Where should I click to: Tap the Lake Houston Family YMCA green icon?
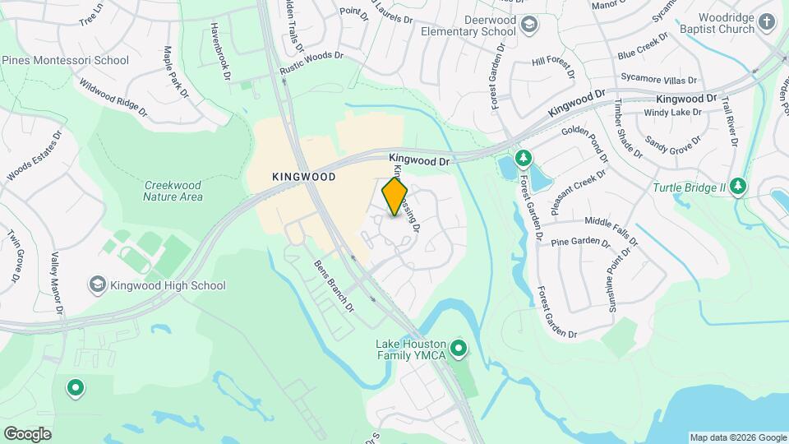[459, 350]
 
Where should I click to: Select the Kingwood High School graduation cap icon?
[98, 285]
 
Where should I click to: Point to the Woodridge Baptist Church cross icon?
[767, 22]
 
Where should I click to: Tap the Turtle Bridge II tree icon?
[739, 187]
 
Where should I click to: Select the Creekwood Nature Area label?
[173, 191]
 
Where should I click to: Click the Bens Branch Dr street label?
[335, 286]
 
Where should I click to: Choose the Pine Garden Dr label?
[581, 243]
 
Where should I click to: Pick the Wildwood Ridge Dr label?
[113, 95]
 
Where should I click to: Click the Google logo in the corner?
[27, 433]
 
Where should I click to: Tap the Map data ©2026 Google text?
[736, 437]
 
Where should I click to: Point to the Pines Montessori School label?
[65, 60]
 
